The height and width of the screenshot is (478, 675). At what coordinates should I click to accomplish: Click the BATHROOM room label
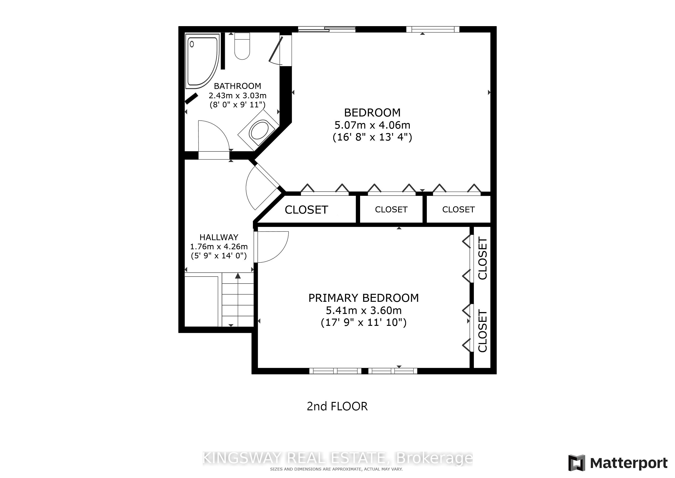tap(238, 86)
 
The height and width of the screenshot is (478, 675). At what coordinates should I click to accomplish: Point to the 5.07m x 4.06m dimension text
tap(372, 125)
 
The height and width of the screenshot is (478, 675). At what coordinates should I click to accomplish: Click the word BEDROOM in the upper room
tap(372, 112)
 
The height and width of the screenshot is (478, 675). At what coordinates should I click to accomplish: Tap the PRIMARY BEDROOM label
tap(364, 298)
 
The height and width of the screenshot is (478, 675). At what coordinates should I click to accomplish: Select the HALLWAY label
tap(219, 237)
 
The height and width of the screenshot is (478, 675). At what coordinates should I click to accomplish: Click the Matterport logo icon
tap(576, 463)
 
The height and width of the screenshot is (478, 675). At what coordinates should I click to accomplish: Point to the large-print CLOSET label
tap(306, 210)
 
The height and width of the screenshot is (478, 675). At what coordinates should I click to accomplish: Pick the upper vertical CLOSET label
tap(483, 258)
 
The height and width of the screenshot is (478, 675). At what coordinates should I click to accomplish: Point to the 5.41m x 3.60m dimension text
tap(364, 310)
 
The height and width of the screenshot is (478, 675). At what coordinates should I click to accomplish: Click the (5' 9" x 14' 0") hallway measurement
tap(219, 256)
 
